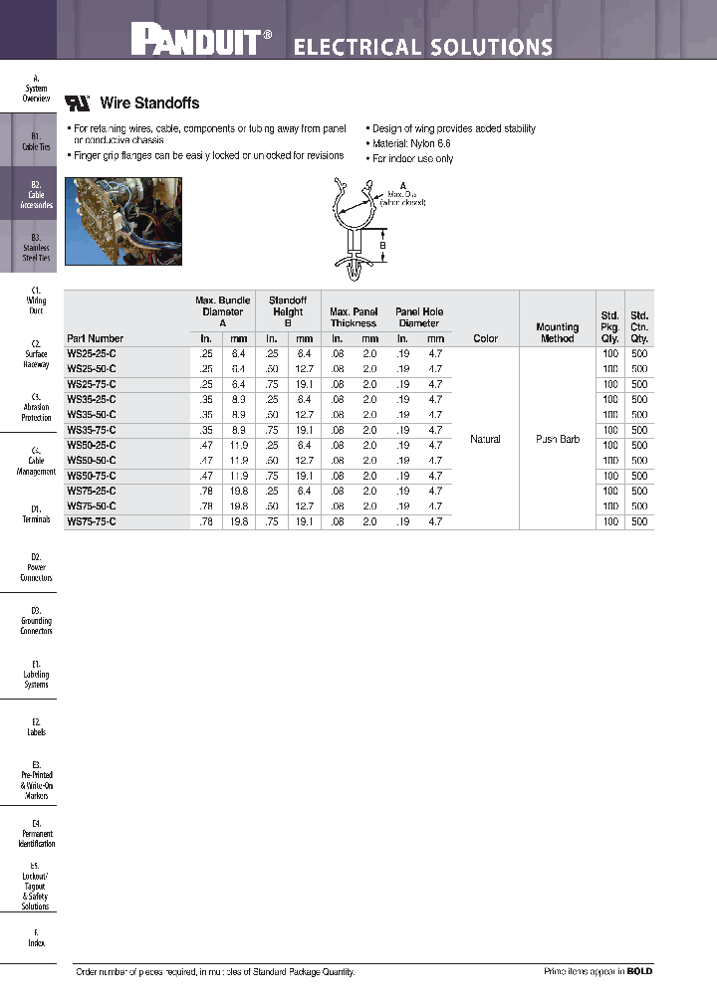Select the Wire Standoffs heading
[x=149, y=102]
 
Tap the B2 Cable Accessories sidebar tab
[x=35, y=195]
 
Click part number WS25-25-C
[x=92, y=353]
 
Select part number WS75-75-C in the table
[x=92, y=521]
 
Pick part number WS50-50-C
[x=92, y=461]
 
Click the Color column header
[x=485, y=338]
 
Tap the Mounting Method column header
[x=557, y=332]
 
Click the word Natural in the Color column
[x=485, y=439]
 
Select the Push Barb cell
[x=557, y=439]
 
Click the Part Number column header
[x=96, y=338]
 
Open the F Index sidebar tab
[x=35, y=937]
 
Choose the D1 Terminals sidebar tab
[x=35, y=513]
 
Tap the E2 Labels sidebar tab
[x=35, y=726]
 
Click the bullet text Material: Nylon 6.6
[x=410, y=143]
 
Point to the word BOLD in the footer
[x=639, y=971]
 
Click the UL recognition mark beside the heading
[x=78, y=102]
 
